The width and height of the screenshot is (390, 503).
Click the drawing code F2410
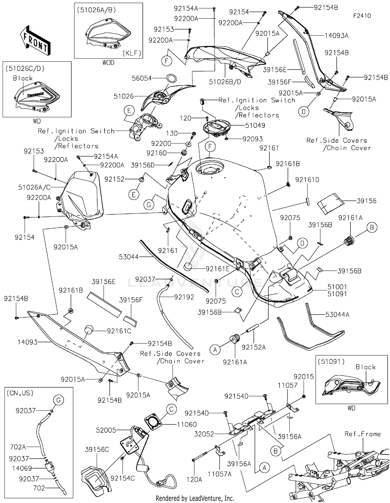coord(362,16)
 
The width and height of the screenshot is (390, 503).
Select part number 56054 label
coord(141,78)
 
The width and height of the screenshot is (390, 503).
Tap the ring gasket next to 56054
coord(171,78)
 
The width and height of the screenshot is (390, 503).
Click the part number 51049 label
coord(255,125)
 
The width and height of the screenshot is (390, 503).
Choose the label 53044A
coord(337,315)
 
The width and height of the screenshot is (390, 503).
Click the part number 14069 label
coord(22,468)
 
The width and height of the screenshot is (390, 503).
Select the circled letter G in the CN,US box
coord(58,400)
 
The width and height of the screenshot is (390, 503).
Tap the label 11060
coord(187,424)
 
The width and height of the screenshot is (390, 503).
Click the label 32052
coord(204,434)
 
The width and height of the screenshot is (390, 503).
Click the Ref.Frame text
coord(362,434)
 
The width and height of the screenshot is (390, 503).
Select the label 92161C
coord(119,331)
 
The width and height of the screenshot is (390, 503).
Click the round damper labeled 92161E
coord(189,267)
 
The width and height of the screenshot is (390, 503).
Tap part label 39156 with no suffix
coord(366,201)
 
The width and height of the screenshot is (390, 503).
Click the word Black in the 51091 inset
coord(365,367)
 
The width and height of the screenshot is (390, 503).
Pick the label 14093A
coord(336,36)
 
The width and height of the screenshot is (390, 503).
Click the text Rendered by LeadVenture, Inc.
coord(195,498)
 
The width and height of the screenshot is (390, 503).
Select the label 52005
coord(106,430)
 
